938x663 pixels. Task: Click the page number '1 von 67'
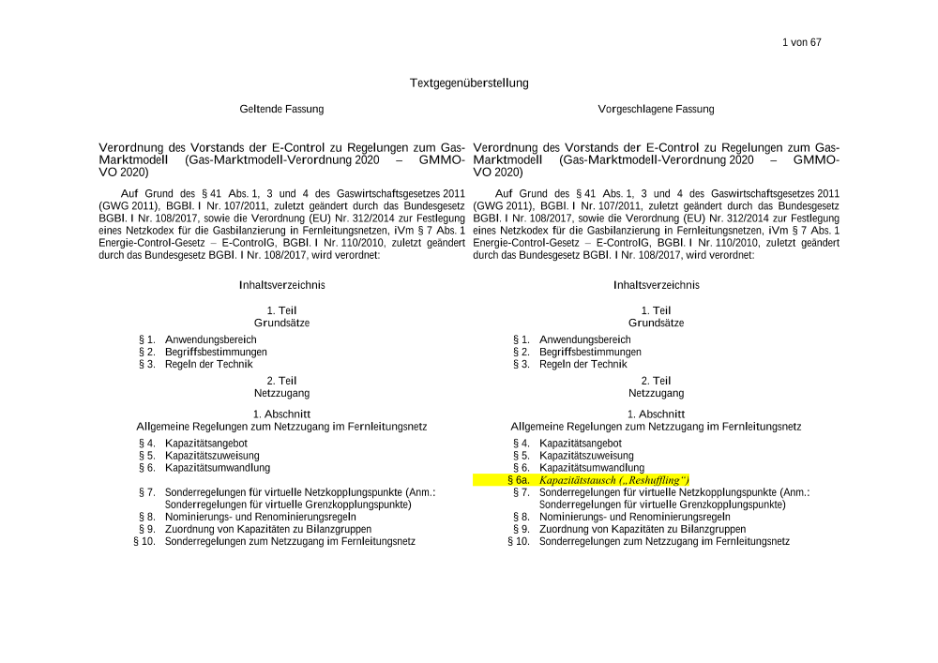point(801,42)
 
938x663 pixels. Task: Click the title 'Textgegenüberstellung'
point(469,83)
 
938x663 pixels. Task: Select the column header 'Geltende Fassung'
point(281,110)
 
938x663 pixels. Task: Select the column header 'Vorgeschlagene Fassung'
point(656,110)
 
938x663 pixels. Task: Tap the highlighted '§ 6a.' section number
point(519,480)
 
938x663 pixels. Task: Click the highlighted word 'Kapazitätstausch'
point(577,480)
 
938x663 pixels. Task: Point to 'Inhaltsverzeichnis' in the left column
point(282,285)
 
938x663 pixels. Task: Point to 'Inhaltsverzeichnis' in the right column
point(657,285)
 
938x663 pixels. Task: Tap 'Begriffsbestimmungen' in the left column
point(216,352)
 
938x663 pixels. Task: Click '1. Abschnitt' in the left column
point(281,414)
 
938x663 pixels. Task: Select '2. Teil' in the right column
point(657,381)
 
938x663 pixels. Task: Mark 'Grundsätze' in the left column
point(281,323)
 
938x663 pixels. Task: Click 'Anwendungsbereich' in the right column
point(584,339)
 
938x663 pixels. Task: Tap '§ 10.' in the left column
point(144,541)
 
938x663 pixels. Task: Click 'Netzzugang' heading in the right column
point(657,394)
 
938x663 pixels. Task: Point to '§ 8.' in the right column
point(522,517)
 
